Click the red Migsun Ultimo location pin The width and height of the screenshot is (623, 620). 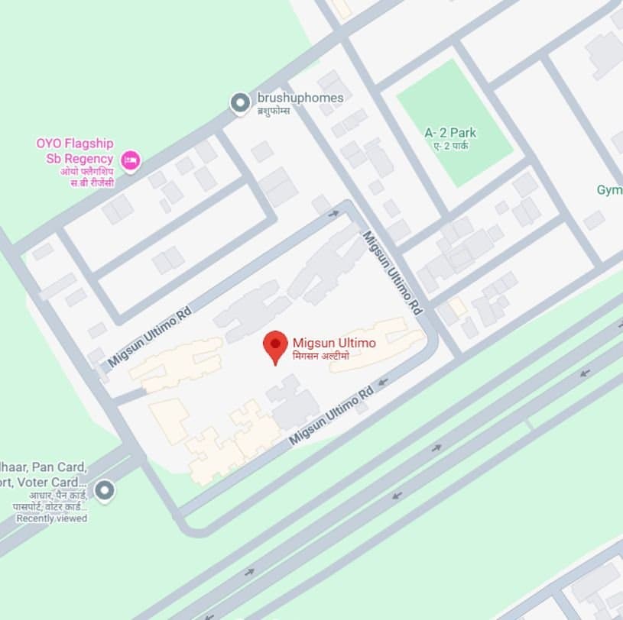coord(275,345)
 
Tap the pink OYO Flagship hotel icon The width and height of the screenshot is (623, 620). coord(131,160)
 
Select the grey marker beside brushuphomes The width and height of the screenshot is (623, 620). coord(241,102)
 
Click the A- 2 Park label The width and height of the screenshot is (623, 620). coord(451,133)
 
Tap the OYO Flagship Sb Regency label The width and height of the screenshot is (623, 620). coord(75,151)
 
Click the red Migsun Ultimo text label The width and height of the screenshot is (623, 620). coord(334,343)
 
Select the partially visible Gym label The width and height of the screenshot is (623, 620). coord(610,189)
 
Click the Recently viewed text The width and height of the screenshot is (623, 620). coord(52,518)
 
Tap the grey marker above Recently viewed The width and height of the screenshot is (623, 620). coord(104,489)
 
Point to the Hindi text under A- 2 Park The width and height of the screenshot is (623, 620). coord(451,145)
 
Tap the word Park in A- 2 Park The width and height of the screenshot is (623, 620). coord(463,133)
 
